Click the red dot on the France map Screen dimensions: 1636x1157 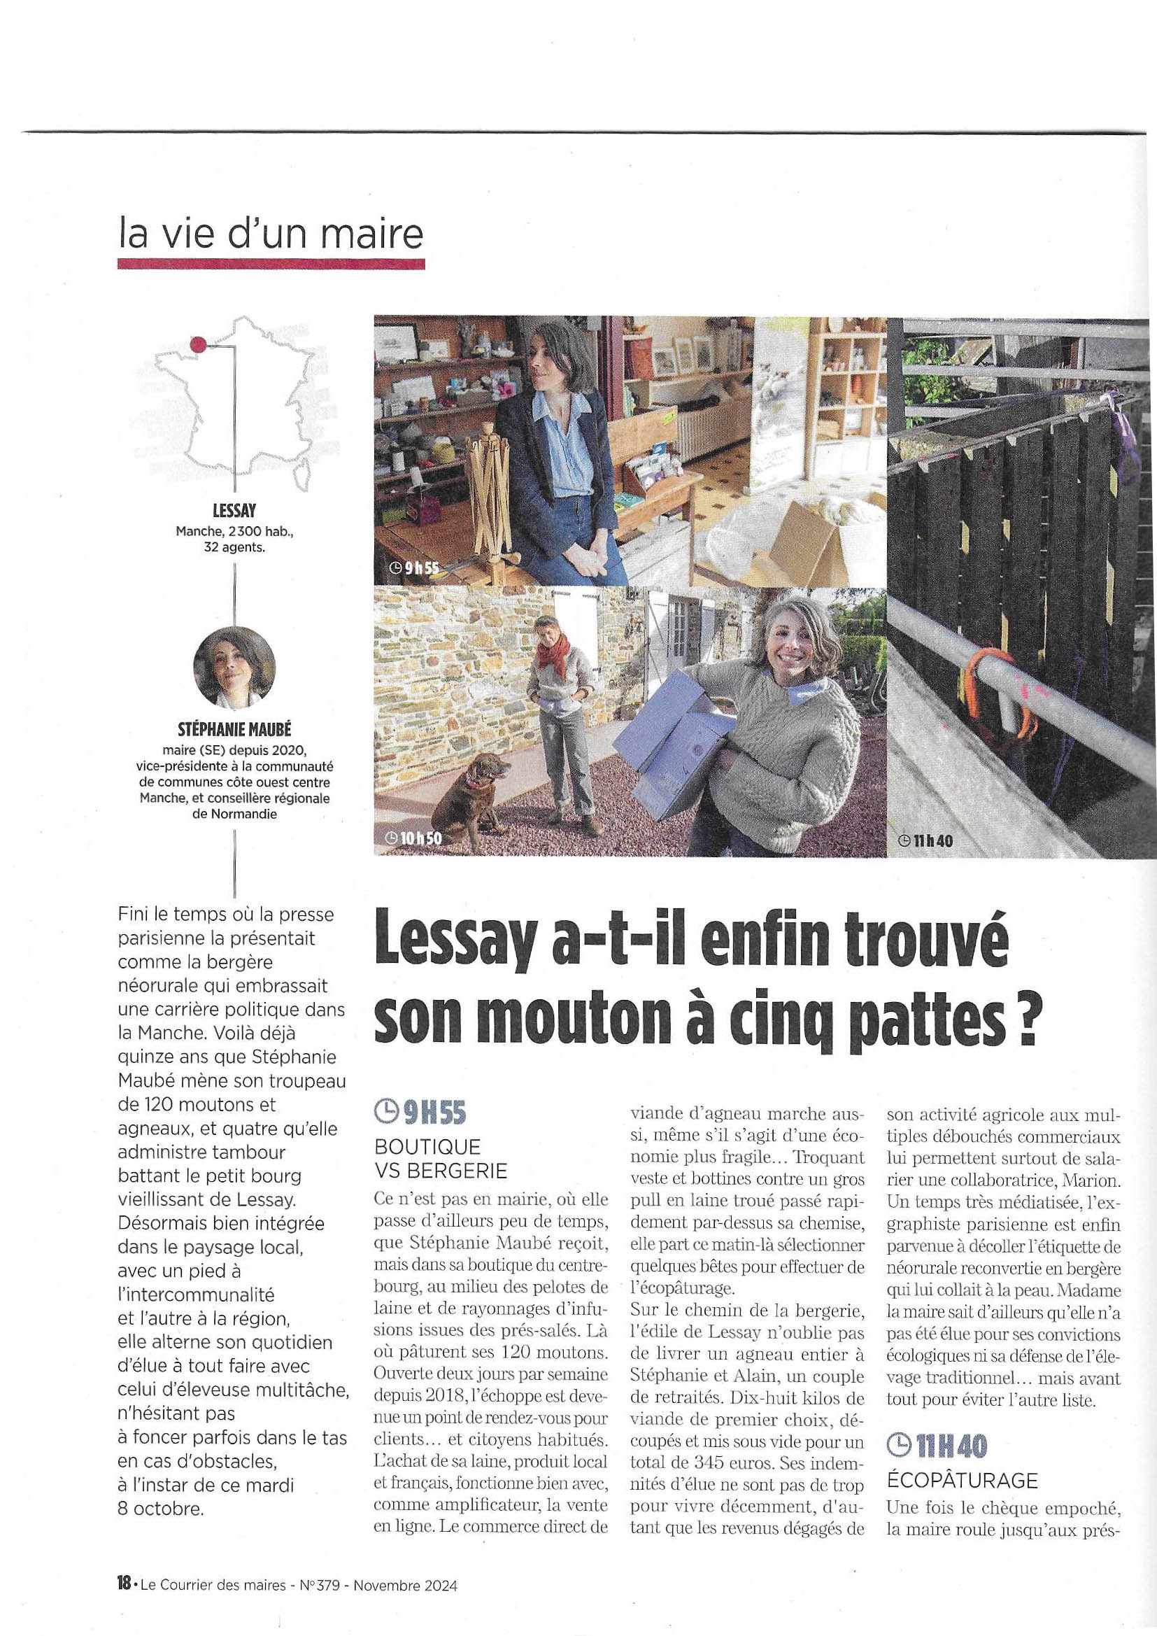point(199,345)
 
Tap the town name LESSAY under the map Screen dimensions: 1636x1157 point(234,511)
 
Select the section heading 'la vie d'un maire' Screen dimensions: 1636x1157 point(271,234)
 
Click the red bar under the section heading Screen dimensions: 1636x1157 point(271,265)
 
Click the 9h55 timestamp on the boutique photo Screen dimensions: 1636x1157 point(415,567)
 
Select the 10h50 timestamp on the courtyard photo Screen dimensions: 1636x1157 point(413,839)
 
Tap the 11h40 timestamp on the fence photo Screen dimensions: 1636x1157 point(926,841)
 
